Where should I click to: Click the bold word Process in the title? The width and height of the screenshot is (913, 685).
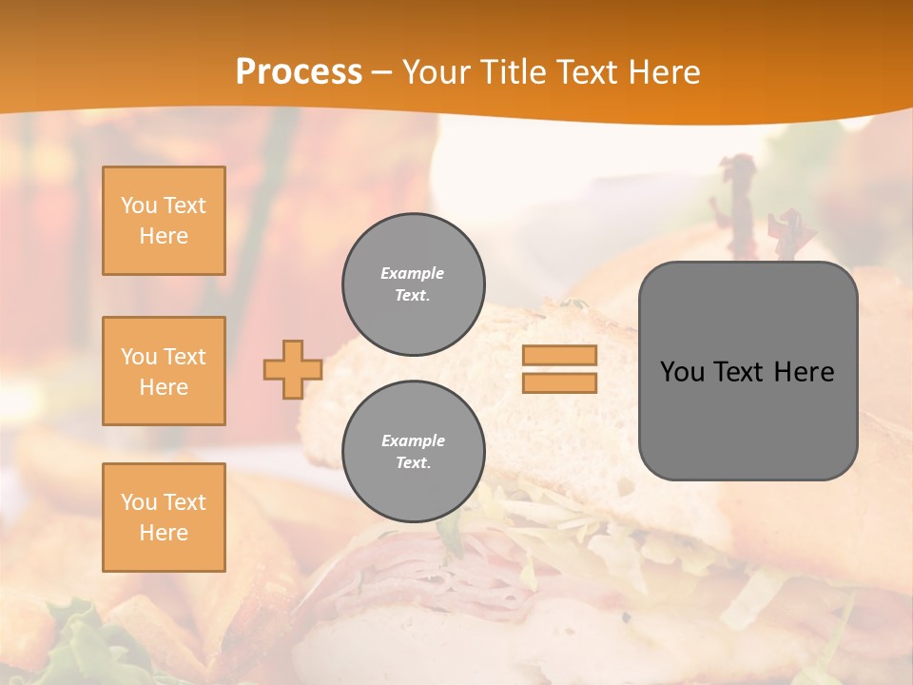pos(299,72)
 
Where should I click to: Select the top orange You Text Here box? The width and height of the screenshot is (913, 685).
pos(164,221)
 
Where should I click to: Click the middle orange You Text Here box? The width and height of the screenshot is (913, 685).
pos(164,371)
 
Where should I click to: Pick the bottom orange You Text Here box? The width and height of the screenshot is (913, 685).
pos(164,518)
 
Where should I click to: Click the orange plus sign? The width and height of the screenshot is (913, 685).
pos(292,369)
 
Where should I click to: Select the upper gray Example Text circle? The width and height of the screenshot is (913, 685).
pos(414,284)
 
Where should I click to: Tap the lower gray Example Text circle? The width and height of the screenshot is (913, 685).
pos(414,452)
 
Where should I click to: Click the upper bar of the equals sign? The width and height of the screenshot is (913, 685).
pos(560,355)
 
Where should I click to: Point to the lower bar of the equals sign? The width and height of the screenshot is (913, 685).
pos(560,382)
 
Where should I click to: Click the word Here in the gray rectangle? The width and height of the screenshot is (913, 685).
pos(804,372)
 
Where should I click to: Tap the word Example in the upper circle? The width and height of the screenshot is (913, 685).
pos(413,273)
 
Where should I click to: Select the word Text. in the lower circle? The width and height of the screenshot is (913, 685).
pos(413,463)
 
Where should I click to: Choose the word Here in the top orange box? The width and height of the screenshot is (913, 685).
pos(164,236)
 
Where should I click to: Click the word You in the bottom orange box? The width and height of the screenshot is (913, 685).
pos(138,502)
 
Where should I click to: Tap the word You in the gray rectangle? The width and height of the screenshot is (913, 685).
pos(681,372)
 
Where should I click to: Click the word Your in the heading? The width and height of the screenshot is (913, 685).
pos(440,72)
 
